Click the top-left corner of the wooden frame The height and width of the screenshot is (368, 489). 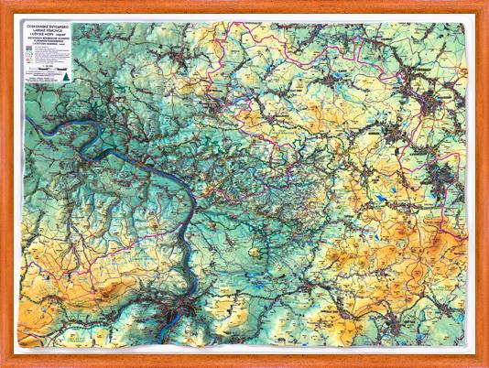coord(3,3)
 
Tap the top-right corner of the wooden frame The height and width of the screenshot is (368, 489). coord(485,3)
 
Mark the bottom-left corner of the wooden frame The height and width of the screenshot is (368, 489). coord(3,364)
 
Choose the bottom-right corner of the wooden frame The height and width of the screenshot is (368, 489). coord(485,364)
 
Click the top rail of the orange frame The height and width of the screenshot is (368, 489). coord(244,4)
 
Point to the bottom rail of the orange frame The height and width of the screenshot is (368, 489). coord(244,363)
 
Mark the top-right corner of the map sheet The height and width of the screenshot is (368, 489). coord(475,16)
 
